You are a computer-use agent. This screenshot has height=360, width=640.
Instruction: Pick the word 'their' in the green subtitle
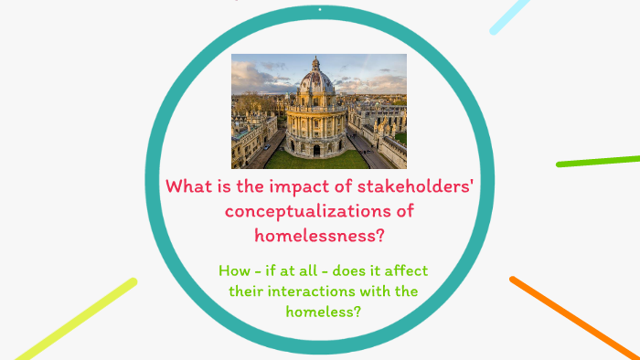click(x=247, y=291)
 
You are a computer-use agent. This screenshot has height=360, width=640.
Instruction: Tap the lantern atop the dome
click(x=316, y=64)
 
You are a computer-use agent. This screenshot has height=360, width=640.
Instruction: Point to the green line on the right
click(x=598, y=160)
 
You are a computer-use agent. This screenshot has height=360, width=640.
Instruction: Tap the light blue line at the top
click(x=511, y=16)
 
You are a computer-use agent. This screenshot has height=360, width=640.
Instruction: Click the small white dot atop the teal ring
click(x=320, y=9)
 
